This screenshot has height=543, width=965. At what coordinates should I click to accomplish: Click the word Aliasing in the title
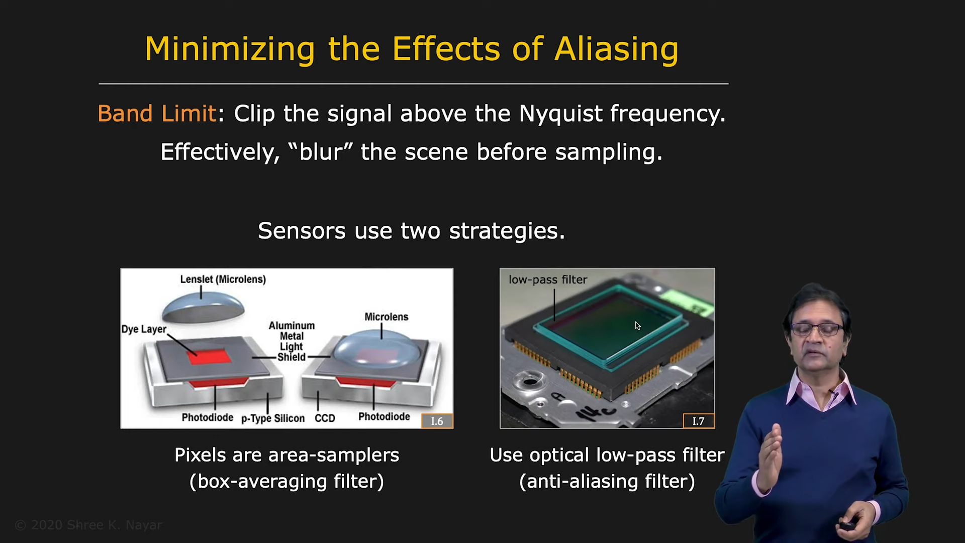(x=617, y=50)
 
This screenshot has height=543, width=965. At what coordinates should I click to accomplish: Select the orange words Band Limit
(x=157, y=114)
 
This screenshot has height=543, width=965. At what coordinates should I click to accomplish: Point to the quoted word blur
(x=321, y=151)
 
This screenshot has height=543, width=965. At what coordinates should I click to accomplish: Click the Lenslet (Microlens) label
(x=223, y=280)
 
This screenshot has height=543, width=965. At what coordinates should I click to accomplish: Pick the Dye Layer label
(x=144, y=329)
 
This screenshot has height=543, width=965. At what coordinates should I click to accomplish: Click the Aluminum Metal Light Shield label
(x=292, y=341)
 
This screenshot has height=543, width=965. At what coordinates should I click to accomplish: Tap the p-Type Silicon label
(x=273, y=418)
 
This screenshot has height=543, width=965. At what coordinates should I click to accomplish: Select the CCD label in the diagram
(x=325, y=418)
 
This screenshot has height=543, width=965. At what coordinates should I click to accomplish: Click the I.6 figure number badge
(x=437, y=421)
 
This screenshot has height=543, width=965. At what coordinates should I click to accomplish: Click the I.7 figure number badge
(x=699, y=421)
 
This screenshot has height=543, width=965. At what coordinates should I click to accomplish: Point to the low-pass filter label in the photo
(x=548, y=280)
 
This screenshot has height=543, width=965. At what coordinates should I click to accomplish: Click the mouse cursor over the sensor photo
(x=637, y=326)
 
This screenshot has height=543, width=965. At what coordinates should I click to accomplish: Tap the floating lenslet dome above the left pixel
(x=203, y=307)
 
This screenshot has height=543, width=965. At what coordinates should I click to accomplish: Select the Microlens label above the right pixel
(x=387, y=317)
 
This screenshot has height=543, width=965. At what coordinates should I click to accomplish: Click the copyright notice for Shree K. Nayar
(x=88, y=525)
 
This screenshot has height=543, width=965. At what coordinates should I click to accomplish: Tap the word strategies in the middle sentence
(x=507, y=231)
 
